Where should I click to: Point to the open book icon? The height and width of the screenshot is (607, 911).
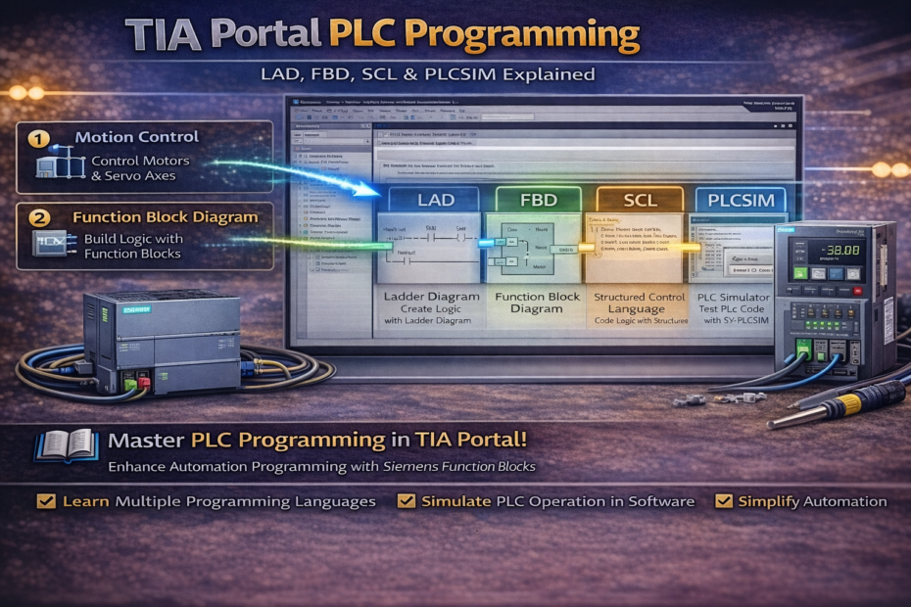66,445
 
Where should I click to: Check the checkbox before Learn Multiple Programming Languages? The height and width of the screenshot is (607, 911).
45,501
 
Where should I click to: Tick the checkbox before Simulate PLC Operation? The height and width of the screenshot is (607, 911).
407,501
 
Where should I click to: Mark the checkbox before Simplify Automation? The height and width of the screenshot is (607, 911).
724,501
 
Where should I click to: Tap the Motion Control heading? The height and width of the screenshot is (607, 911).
136,137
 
